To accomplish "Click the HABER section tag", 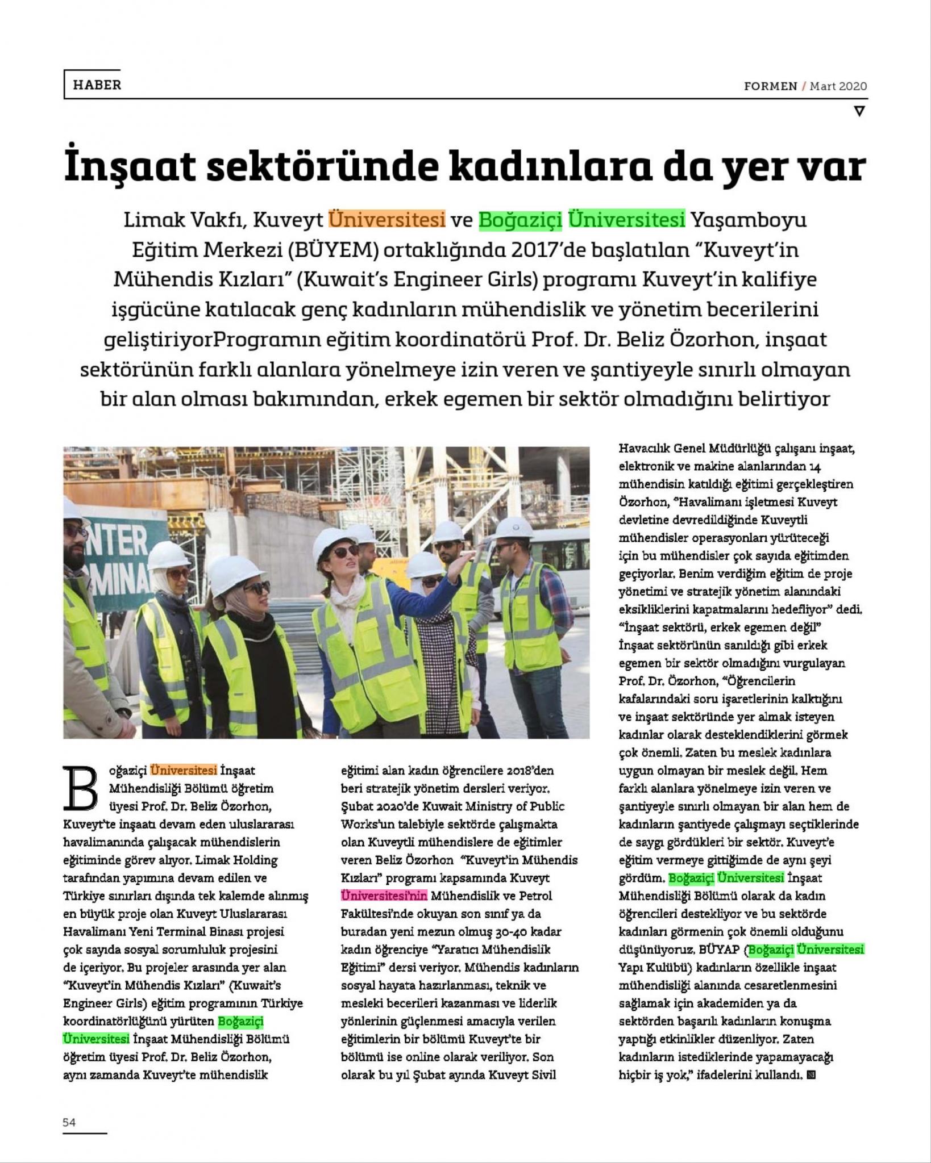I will click(x=97, y=85).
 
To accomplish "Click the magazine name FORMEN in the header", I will click(x=770, y=86).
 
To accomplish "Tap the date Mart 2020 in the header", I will click(x=838, y=86).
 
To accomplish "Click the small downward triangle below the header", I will click(x=859, y=111).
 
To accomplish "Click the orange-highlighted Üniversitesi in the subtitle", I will click(x=387, y=219).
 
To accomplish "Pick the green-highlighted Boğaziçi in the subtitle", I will click(x=520, y=219).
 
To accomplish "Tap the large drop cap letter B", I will click(x=82, y=789).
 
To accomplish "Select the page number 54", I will click(x=69, y=1122).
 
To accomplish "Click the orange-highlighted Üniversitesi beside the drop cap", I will click(x=184, y=771).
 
